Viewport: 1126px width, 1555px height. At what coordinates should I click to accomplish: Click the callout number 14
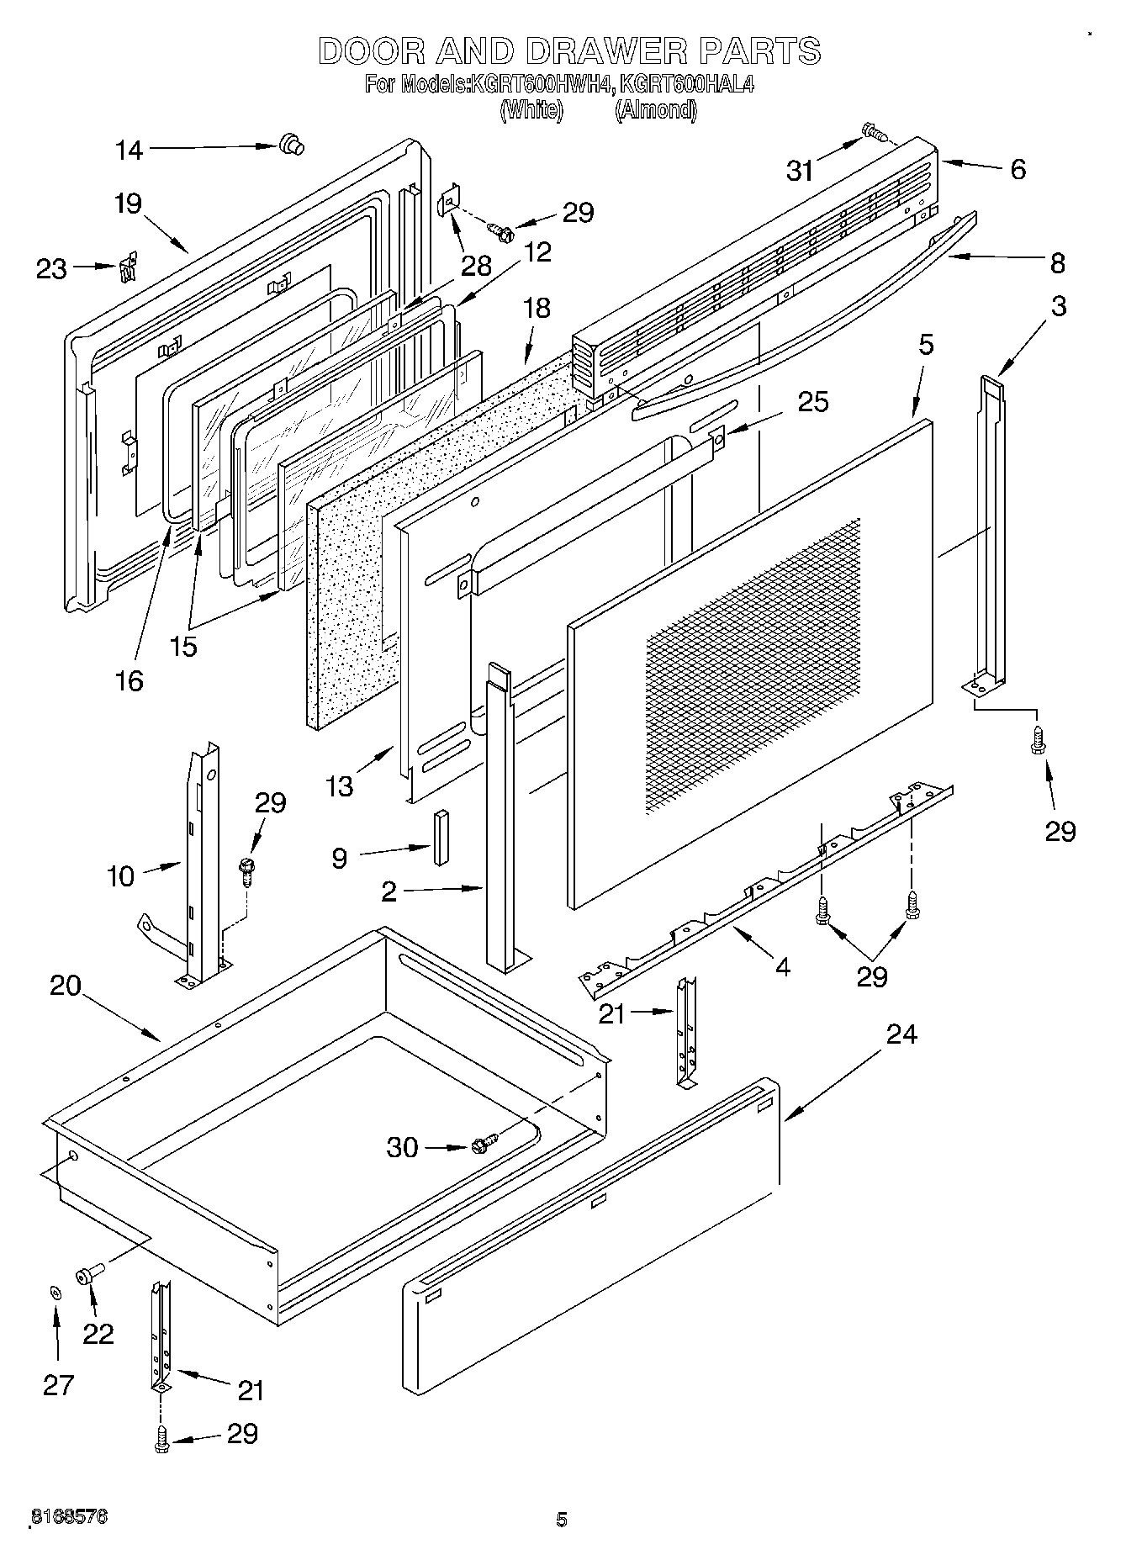coord(129,151)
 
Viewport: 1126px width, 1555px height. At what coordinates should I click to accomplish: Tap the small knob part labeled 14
coord(291,145)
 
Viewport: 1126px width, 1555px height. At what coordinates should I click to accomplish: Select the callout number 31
coord(801,171)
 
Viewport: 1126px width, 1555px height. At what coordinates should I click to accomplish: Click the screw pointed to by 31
coord(874,132)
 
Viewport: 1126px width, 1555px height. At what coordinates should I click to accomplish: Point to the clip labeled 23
coord(127,270)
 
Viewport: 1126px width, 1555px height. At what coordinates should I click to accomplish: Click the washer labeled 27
coord(56,1292)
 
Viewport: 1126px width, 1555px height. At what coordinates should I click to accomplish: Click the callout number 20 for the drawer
coord(65,986)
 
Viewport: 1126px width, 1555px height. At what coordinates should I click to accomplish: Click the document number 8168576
coord(69,1516)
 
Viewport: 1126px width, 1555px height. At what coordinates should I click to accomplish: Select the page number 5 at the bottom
coord(561,1519)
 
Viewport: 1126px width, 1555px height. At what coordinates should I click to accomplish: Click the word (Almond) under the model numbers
coord(655,110)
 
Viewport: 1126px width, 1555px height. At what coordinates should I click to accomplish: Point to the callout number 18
coord(536,308)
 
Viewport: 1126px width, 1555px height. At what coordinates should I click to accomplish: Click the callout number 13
coord(339,786)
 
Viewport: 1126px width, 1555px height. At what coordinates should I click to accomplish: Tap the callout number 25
coord(812,402)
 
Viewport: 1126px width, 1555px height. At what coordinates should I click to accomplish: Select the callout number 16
coord(129,680)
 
